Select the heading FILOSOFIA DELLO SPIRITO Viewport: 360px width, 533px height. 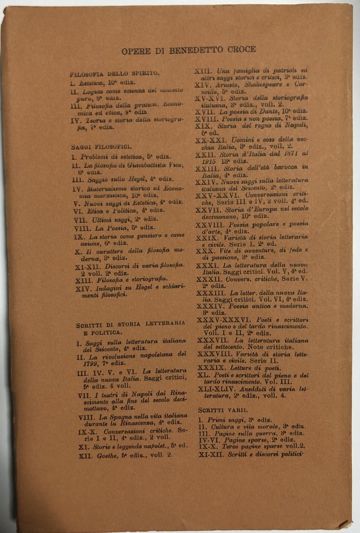pyautogui.click(x=115, y=74)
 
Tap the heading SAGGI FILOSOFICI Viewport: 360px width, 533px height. pyautogui.click(x=101, y=147)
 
